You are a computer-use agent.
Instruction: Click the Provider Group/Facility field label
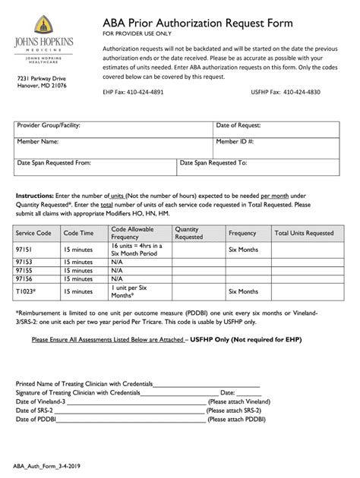coord(49,125)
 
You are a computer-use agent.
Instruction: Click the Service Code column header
coord(33,234)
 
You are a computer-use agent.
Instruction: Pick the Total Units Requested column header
coord(304,234)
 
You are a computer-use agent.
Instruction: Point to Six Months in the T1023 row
coord(243,291)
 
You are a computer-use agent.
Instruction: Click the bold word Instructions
coord(34,195)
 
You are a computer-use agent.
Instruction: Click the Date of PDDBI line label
coord(41,418)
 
